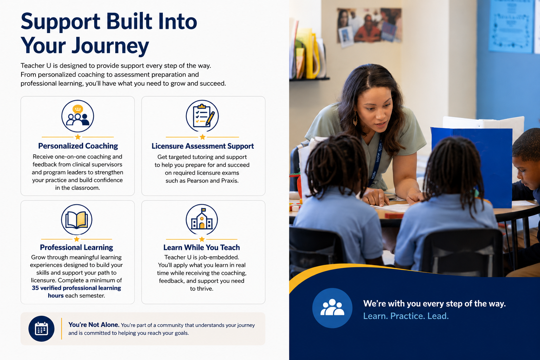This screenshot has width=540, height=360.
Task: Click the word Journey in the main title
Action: click(110, 46)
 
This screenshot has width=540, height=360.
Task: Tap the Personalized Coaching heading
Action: click(78, 146)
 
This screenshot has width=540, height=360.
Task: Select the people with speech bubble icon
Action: click(78, 116)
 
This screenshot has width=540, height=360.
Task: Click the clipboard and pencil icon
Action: click(202, 116)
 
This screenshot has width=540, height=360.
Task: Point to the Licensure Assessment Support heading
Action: click(202, 146)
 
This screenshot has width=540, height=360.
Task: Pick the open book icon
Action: click(77, 220)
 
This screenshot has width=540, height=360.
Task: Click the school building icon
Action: click(202, 220)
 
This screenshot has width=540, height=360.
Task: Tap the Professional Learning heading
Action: click(76, 247)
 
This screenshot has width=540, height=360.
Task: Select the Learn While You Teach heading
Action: click(201, 247)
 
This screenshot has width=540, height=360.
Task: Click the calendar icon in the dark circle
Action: click(41, 329)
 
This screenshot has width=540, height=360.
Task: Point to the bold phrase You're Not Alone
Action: click(94, 325)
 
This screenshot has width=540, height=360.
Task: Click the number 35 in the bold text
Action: click(35, 288)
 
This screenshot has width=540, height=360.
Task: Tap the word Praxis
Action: click(230, 181)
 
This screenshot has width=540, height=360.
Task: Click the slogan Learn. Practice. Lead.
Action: click(406, 316)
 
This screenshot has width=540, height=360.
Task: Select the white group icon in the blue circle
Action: click(332, 307)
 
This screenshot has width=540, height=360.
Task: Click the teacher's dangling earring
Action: click(355, 118)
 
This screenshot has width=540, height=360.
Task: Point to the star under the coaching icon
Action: click(78, 137)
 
